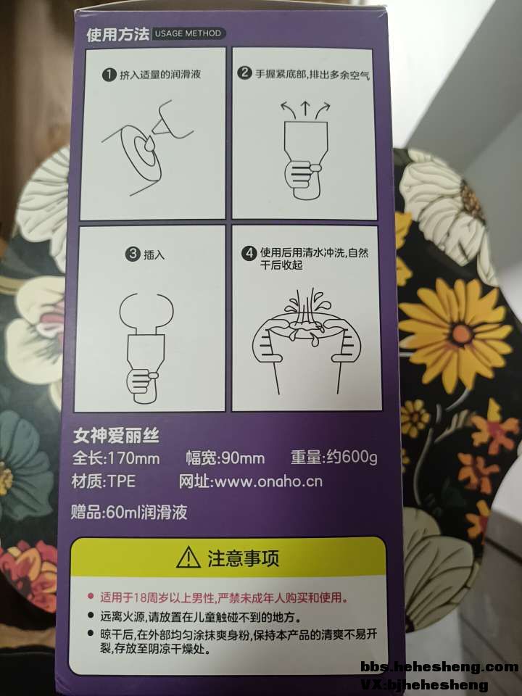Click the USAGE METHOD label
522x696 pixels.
[x=188, y=33]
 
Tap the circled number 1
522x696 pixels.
[x=108, y=75]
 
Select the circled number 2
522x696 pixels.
[x=244, y=72]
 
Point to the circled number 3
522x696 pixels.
[x=133, y=254]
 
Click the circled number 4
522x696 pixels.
[x=249, y=253]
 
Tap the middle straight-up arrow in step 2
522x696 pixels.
[x=305, y=109]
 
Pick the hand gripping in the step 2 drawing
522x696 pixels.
[x=302, y=175]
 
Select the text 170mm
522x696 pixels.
[x=134, y=457]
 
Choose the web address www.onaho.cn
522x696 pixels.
[x=268, y=481]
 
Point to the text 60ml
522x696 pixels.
[x=123, y=512]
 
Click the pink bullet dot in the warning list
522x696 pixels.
[x=91, y=596]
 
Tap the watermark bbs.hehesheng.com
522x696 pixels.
[x=439, y=666]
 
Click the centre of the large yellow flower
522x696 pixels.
[x=462, y=333]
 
